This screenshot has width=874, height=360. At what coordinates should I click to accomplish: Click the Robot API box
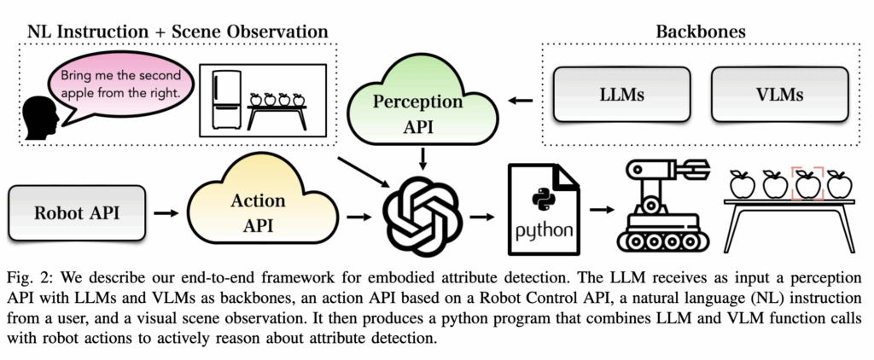pos(77,210)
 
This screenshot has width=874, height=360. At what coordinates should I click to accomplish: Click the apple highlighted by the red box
pos(807,183)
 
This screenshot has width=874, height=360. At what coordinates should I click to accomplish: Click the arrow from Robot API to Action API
pos(169,210)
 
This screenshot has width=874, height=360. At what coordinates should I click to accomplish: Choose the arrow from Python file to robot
pos(601,209)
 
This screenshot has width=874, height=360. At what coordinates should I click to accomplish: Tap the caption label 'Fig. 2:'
pos(33,279)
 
